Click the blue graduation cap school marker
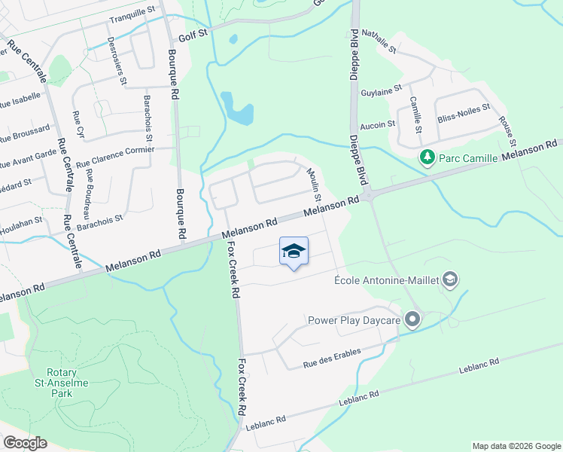click(x=294, y=252)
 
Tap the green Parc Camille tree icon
click(x=428, y=157)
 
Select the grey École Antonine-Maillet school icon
click(x=451, y=281)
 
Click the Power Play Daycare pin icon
click(x=412, y=320)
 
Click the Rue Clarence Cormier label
click(x=115, y=155)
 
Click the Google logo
click(x=25, y=443)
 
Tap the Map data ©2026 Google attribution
click(x=516, y=446)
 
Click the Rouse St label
click(x=507, y=132)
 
